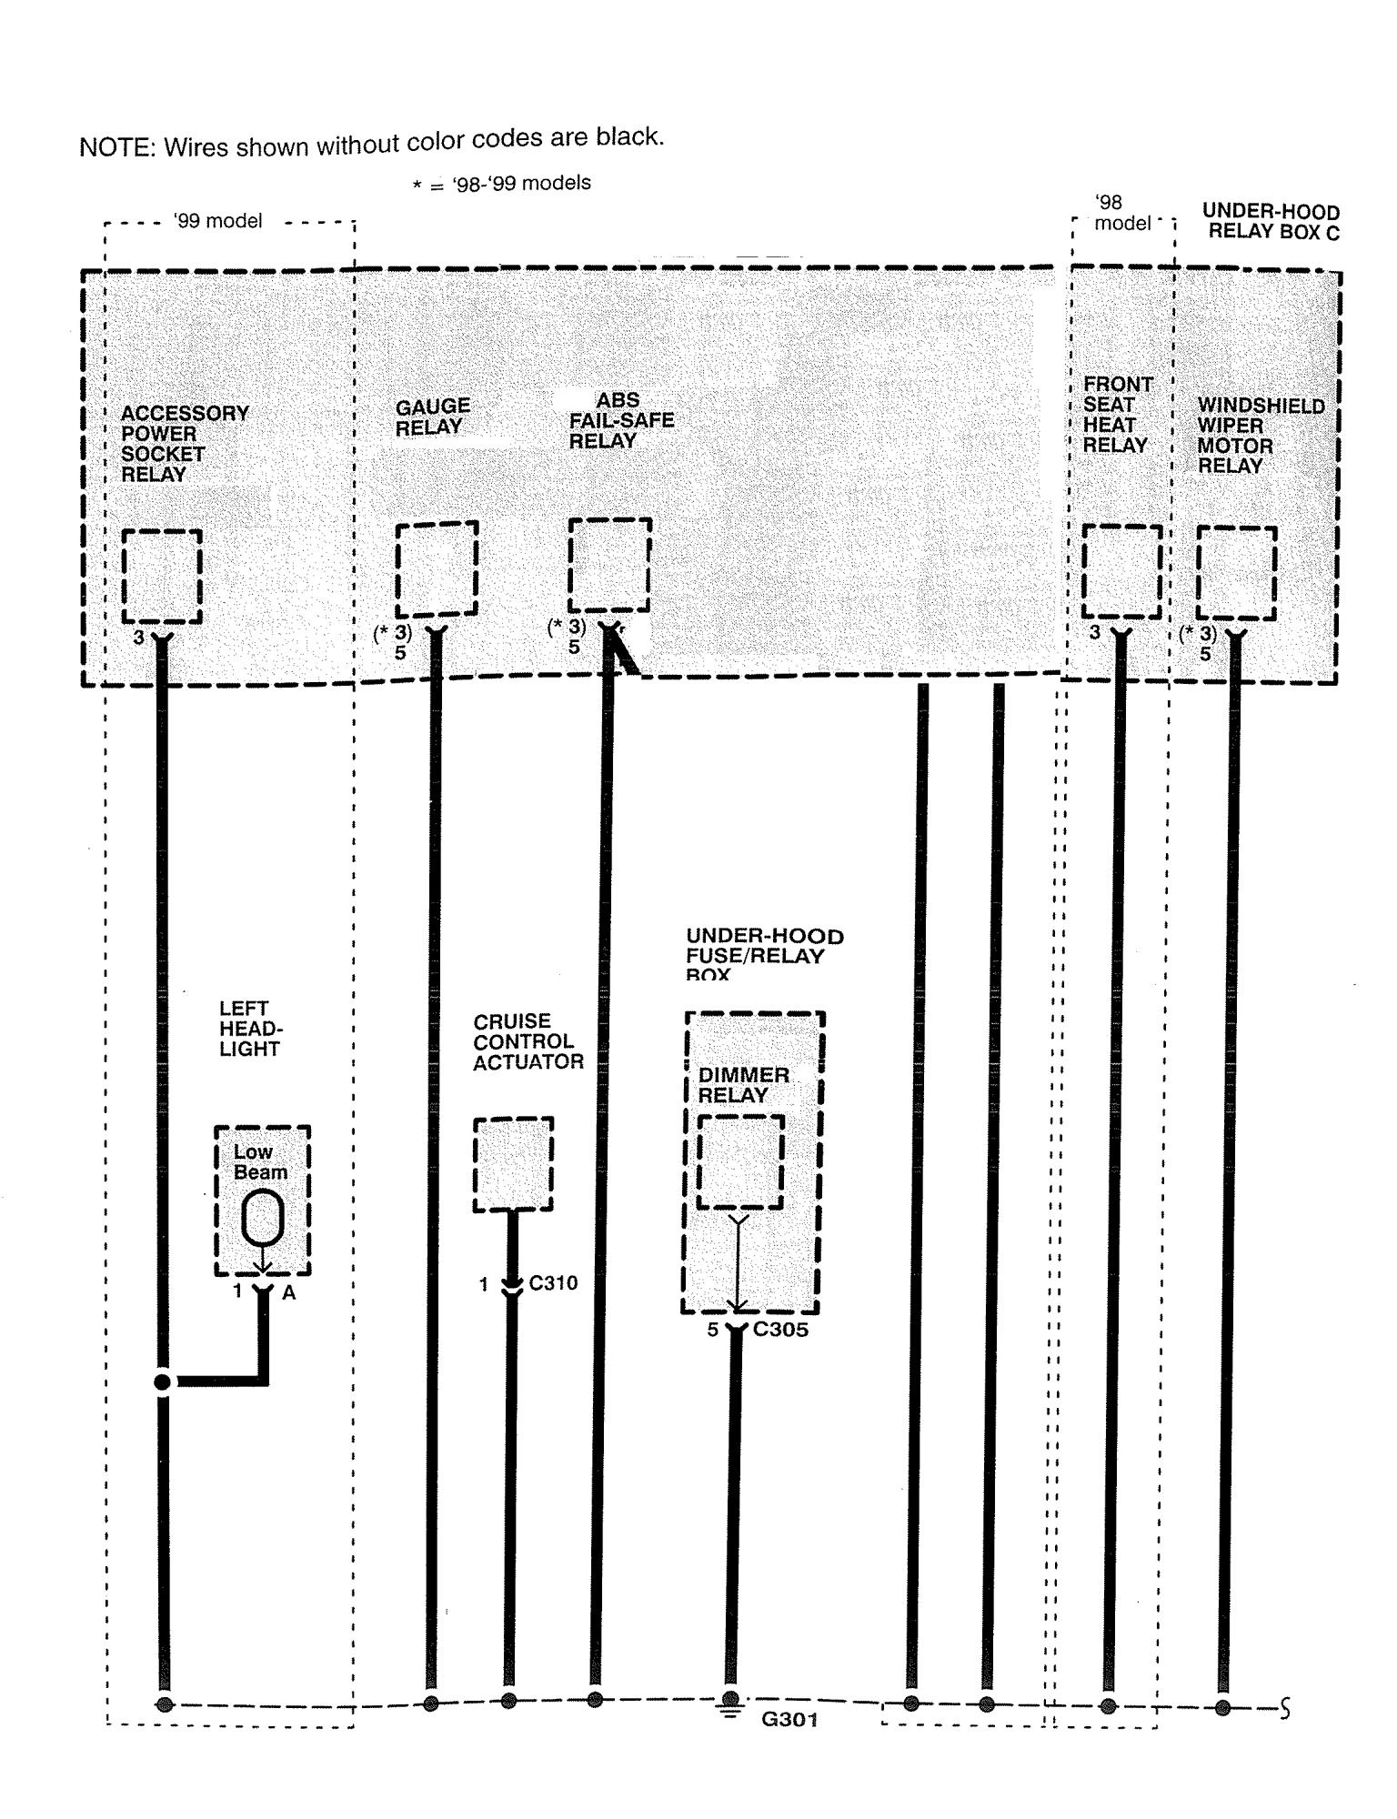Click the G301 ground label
[x=790, y=1720]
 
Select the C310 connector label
[x=553, y=1283]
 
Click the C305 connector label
[x=780, y=1329]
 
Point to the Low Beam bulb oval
[x=263, y=1218]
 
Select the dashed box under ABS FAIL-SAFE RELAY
[x=609, y=565]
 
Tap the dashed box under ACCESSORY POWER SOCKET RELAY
[x=162, y=577]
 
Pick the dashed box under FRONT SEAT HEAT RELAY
[x=1121, y=571]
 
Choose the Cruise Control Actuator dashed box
[x=513, y=1164]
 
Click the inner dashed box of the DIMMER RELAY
[x=739, y=1161]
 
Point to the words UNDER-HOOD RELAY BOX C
[x=1272, y=222]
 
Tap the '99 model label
[x=217, y=221]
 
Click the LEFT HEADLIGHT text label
[x=249, y=1029]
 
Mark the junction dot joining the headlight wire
[x=163, y=1382]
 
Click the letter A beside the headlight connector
[x=289, y=1292]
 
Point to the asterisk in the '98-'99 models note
[x=417, y=186]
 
